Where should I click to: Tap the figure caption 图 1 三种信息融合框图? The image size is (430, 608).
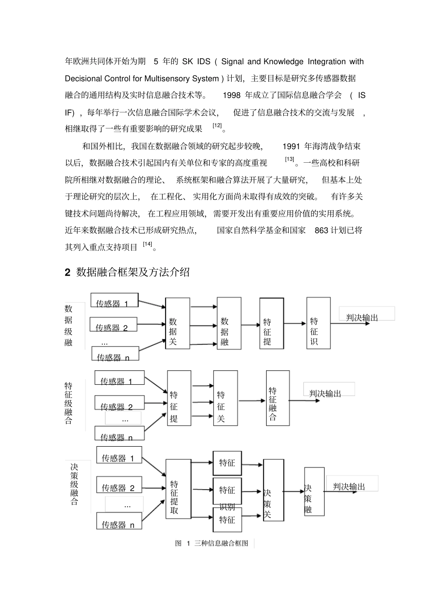tap(212, 543)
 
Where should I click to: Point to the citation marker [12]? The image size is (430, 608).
tap(217, 126)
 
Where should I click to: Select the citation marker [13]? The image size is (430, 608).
tap(290, 160)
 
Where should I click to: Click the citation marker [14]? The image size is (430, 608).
tap(148, 244)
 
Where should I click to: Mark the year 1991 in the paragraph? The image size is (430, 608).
tap(291, 146)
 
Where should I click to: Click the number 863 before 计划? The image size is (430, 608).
tap(321, 230)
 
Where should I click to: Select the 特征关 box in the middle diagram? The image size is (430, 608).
tap(225, 398)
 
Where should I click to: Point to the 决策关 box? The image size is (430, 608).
tap(273, 496)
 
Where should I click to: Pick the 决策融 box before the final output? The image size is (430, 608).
tap(314, 491)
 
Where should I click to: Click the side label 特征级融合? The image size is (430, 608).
tap(69, 403)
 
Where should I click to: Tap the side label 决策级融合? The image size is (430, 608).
tap(75, 484)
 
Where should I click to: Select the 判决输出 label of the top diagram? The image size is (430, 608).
tap(362, 318)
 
